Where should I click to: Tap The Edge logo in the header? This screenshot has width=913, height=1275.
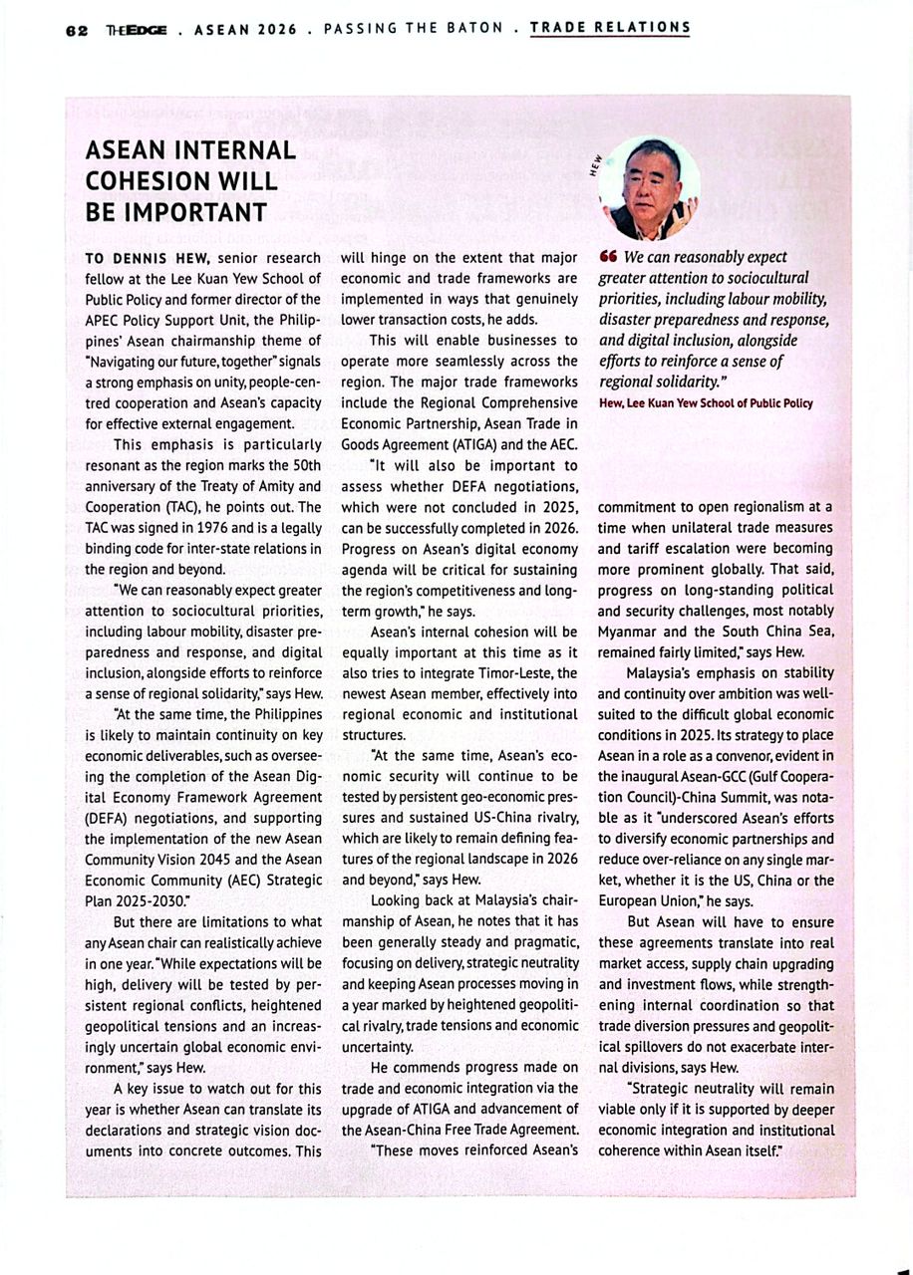[x=137, y=29]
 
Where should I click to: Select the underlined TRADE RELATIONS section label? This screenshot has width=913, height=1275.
[x=610, y=28]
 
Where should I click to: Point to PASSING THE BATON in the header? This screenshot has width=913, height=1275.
[x=414, y=28]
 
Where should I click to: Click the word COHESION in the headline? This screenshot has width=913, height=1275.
[x=151, y=182]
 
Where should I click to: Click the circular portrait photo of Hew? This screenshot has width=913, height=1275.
[x=651, y=186]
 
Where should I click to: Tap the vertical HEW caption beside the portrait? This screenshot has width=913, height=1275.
[x=594, y=164]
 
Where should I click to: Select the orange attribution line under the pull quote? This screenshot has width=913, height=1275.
[x=706, y=403]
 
